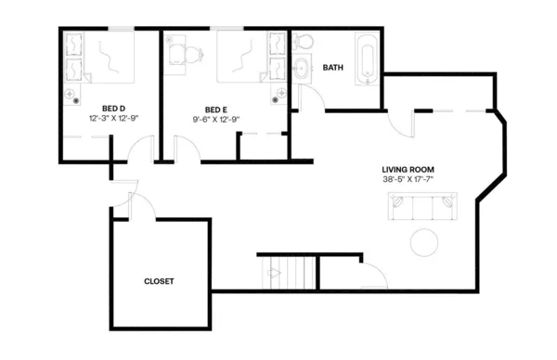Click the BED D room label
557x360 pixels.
113,108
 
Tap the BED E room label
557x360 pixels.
215,108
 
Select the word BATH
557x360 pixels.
332,67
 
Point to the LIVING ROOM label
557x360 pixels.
408,169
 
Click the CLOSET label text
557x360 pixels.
159,281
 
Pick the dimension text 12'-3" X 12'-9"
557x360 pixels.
113,119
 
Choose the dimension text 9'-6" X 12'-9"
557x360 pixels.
215,119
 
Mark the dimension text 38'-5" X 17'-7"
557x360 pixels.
408,180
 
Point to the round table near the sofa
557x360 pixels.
426,242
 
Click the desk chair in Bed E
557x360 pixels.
193,54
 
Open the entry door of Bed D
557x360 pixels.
142,149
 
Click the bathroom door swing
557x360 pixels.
305,98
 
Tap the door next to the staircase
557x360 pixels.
372,276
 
